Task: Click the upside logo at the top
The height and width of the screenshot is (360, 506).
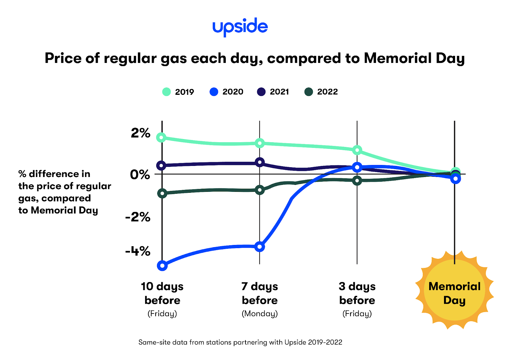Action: (240, 27)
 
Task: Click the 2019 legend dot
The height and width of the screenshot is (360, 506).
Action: (166, 92)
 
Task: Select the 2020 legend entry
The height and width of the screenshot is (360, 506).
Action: (226, 92)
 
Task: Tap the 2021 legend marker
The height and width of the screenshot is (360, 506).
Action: (261, 92)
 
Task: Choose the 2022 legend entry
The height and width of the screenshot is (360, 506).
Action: (321, 92)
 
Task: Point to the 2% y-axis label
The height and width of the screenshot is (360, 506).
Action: (140, 133)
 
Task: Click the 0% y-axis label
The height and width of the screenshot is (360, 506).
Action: (140, 174)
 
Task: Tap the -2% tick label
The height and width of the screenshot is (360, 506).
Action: (138, 217)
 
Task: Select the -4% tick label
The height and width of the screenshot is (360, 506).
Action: (138, 252)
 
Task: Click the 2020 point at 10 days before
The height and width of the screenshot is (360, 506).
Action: (162, 266)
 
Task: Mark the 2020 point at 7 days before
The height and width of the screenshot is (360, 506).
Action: (260, 247)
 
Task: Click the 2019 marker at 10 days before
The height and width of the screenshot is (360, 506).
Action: (162, 137)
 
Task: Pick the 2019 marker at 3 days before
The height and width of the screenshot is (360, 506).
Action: (357, 150)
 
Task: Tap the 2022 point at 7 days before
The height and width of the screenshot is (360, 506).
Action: (260, 190)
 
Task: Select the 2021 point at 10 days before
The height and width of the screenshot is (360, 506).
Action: (162, 165)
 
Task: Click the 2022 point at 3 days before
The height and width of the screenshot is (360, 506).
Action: (357, 180)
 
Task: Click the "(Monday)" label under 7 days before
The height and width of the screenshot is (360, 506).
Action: (260, 314)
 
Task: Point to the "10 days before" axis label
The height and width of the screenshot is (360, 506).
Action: (162, 293)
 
